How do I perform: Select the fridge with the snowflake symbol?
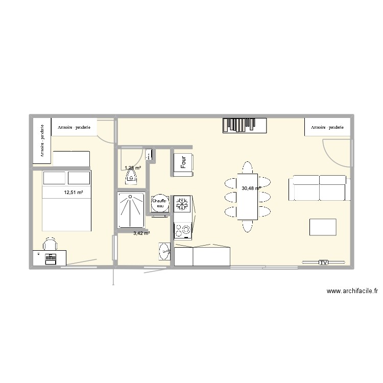tap(183, 204)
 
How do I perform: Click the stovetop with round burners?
tap(183, 231)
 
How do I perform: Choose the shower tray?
tap(131, 209)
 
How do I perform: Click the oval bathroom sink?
tap(164, 251)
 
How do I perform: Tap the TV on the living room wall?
tap(323, 262)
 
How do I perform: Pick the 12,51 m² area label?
tap(73, 193)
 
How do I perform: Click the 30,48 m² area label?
tap(251, 188)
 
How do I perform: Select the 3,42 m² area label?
tap(141, 233)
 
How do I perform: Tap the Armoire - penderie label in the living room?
tap(327, 127)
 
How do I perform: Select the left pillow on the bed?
tap(54, 178)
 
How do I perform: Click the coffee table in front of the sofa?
tap(323, 227)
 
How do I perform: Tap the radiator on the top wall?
tap(244, 125)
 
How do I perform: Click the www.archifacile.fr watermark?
tap(352, 292)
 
